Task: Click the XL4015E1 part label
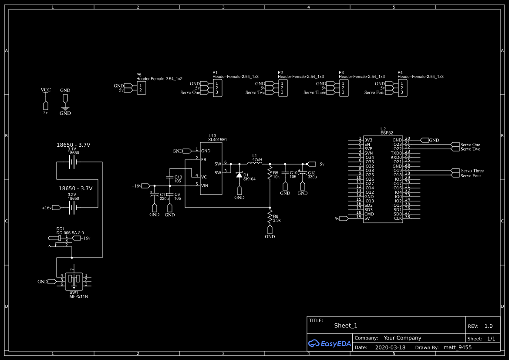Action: coord(217,139)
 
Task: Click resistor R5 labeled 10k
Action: coord(270,174)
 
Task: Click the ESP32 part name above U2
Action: coord(387,133)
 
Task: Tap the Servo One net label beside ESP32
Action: coord(470,145)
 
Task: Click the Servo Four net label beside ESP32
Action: coord(471,175)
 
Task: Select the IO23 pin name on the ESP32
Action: coord(397,145)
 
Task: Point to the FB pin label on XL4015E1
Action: coord(204,160)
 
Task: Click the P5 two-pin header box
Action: coord(141,88)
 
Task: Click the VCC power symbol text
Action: coord(46,90)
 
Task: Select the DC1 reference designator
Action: coord(61,229)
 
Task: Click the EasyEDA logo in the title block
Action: coord(329,343)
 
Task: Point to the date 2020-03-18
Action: coord(390,347)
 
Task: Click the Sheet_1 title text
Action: coord(346,326)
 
